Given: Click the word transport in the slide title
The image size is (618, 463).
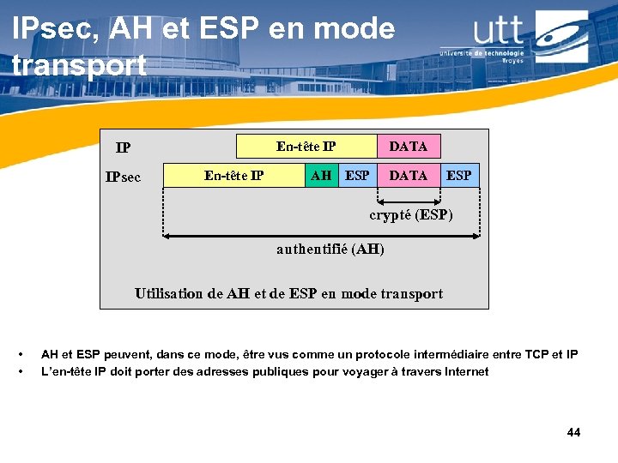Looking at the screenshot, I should (79, 64).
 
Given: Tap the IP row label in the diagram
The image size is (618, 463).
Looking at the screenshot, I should (124, 147).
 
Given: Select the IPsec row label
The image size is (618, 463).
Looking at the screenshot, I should (123, 177).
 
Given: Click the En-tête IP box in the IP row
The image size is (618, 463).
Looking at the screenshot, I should (306, 146).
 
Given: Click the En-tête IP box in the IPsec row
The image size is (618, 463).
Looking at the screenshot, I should (234, 176).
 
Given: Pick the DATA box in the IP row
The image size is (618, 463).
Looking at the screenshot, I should (409, 146).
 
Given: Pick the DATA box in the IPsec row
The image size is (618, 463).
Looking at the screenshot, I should (409, 176).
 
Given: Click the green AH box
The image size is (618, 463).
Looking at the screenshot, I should (322, 176).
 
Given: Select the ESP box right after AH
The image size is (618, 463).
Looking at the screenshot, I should (357, 176).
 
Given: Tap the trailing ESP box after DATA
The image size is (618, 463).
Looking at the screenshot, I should (459, 176).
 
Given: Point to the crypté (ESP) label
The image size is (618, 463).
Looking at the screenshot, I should (411, 215).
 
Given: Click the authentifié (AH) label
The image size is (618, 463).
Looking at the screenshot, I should (330, 250).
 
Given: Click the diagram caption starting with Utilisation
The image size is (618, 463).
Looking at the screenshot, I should (289, 294).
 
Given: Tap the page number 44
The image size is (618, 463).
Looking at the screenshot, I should (573, 432).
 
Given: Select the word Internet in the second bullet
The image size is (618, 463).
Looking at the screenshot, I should (464, 371).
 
